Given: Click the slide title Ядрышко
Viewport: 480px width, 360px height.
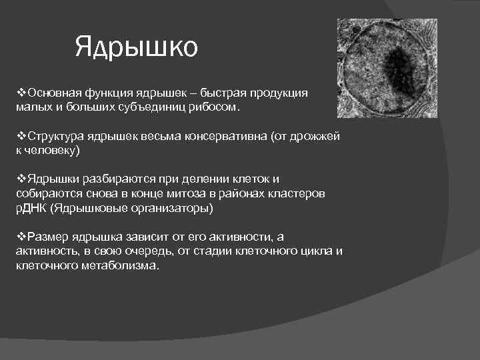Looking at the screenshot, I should pos(136,48).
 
